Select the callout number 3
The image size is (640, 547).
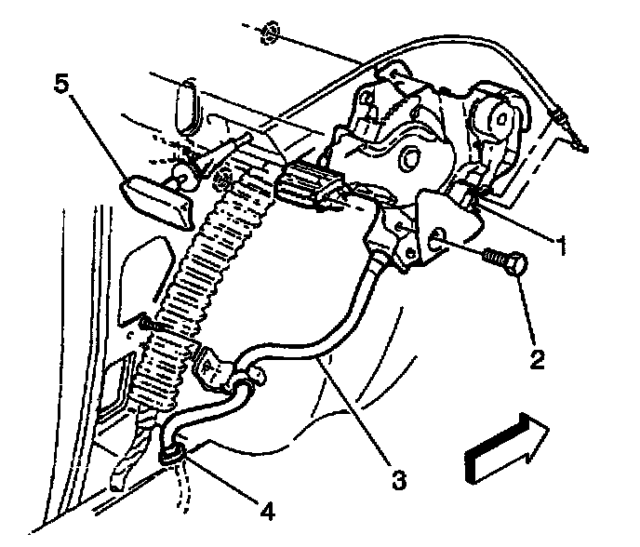point(398,481)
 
